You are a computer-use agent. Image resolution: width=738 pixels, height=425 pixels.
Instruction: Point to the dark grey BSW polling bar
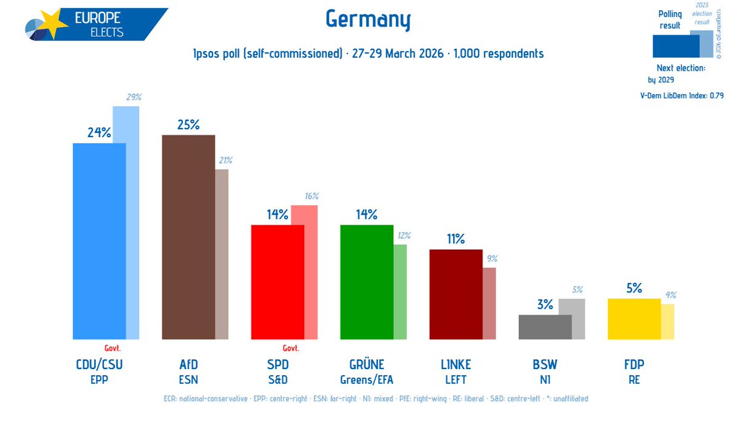[x=545, y=327]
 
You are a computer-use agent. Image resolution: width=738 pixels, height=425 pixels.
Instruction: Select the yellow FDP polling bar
[x=634, y=319]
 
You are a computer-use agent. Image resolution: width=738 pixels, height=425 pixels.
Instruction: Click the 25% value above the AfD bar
[x=188, y=125]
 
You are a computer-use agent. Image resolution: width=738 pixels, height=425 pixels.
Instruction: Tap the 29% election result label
[x=134, y=97]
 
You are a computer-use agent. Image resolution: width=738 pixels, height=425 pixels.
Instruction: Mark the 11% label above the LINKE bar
[x=455, y=239]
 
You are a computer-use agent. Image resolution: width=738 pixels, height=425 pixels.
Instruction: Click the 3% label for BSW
[x=545, y=304]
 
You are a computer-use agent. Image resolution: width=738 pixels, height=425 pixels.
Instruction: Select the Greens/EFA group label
[x=366, y=379]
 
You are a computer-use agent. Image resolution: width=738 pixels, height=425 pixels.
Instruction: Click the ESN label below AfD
[x=188, y=379]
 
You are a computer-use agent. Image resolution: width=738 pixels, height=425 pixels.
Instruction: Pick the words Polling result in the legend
[x=670, y=20]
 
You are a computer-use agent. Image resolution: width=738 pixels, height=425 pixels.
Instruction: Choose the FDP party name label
[x=634, y=365]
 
